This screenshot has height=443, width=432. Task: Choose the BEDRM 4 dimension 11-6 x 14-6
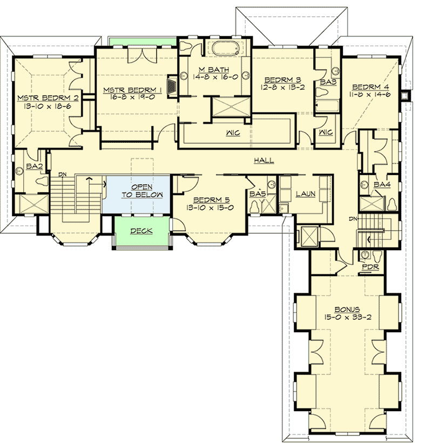pyautogui.click(x=370, y=95)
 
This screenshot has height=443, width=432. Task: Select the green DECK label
pyautogui.click(x=141, y=231)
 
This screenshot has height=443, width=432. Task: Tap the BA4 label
pyautogui.click(x=382, y=185)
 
